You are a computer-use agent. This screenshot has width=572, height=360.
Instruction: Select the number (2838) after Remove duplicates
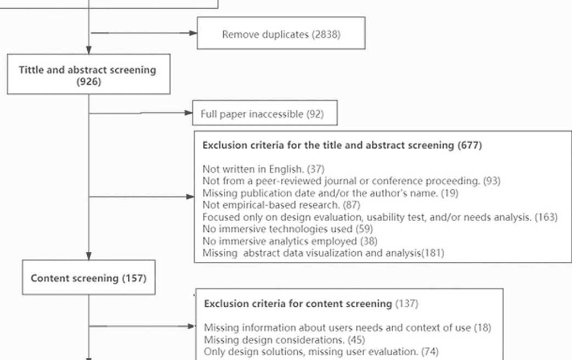pyautogui.click(x=326, y=35)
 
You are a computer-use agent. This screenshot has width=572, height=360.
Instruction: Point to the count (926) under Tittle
pyautogui.click(x=89, y=81)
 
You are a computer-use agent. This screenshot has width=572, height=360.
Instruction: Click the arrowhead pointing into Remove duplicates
pyautogui.click(x=193, y=33)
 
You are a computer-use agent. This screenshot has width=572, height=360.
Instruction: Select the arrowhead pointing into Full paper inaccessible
pyautogui.click(x=189, y=113)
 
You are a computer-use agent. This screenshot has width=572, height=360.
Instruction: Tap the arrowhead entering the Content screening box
pyautogui.click(x=89, y=256)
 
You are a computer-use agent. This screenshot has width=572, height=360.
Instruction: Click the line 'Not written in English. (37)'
pyautogui.click(x=263, y=169)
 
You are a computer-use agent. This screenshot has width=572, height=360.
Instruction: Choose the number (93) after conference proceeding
pyautogui.click(x=492, y=181)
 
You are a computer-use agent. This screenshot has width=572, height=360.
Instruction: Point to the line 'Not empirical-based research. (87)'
pyautogui.click(x=281, y=205)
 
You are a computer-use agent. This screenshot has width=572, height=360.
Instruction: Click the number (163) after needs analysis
pyautogui.click(x=546, y=217)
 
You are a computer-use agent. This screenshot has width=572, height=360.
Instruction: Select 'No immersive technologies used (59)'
pyautogui.click(x=288, y=229)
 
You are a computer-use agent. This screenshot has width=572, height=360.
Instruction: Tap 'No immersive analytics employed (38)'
pyautogui.click(x=290, y=241)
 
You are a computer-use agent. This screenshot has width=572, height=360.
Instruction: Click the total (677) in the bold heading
pyautogui.click(x=469, y=145)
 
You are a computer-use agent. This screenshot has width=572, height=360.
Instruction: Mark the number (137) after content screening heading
pyautogui.click(x=407, y=304)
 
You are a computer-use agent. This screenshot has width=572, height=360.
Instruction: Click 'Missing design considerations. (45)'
pyautogui.click(x=285, y=340)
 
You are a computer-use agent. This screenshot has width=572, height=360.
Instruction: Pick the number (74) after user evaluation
pyautogui.click(x=430, y=352)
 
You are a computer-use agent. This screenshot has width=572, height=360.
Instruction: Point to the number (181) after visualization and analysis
pyautogui.click(x=433, y=253)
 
